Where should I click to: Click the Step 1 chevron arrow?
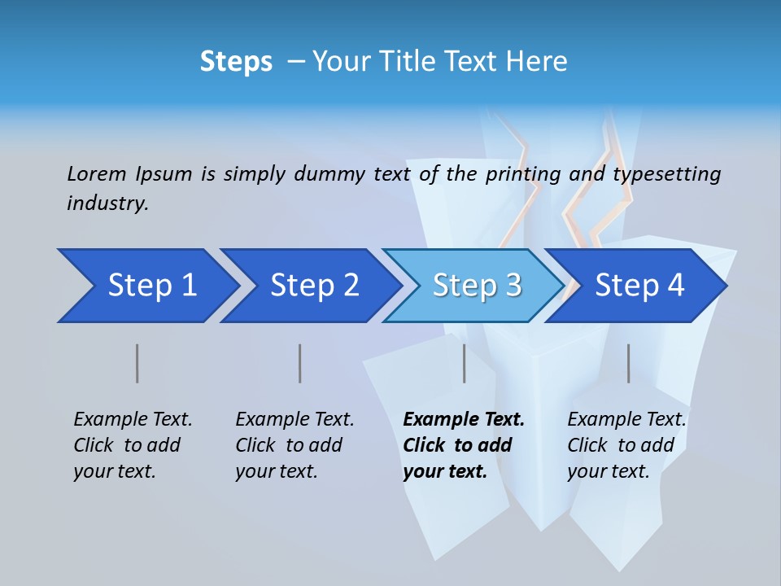click(x=146, y=286)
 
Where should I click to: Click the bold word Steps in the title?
click(x=236, y=62)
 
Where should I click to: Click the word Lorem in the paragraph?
click(x=97, y=174)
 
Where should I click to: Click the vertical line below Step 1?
click(x=137, y=363)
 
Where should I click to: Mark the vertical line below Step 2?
click(x=300, y=363)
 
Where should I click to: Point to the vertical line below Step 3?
click(x=465, y=363)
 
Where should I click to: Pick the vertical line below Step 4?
click(x=628, y=363)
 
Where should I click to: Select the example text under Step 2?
click(x=294, y=445)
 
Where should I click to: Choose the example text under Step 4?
click(x=626, y=445)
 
